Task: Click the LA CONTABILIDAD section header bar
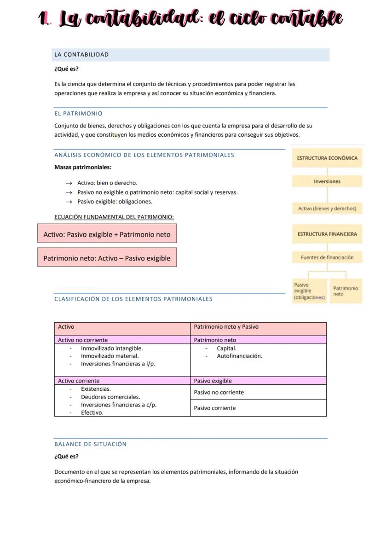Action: (x=190, y=55)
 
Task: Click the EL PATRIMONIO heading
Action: (x=78, y=113)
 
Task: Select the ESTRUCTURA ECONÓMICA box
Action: (x=327, y=158)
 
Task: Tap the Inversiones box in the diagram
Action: (x=327, y=181)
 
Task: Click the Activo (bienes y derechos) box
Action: (x=327, y=209)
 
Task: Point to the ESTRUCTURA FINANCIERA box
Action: (x=327, y=234)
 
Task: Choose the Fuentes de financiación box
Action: (x=327, y=257)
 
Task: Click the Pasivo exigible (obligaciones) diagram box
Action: (x=309, y=291)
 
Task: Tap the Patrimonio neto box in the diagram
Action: (x=346, y=291)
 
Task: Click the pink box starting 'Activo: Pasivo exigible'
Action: (x=107, y=234)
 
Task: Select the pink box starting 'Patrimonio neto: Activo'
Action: (x=107, y=258)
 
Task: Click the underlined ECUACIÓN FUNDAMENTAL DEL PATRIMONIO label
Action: (x=114, y=217)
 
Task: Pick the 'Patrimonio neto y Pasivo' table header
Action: (x=226, y=327)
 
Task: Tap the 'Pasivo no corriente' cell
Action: (x=219, y=392)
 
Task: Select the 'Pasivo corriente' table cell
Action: (x=215, y=408)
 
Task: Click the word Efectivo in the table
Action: (x=92, y=413)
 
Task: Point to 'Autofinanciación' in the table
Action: (x=239, y=356)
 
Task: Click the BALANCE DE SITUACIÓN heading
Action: (x=90, y=444)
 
